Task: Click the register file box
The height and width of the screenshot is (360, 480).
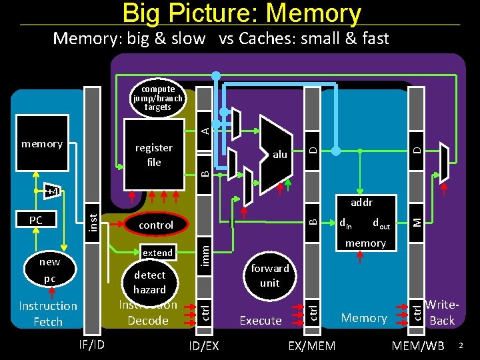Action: click(154, 155)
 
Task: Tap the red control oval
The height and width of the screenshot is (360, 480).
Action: click(155, 225)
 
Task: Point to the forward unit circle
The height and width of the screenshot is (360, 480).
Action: click(269, 275)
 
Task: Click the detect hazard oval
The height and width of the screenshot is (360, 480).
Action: click(149, 282)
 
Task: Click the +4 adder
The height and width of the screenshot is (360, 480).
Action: click(52, 192)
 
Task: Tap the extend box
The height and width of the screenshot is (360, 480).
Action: click(158, 253)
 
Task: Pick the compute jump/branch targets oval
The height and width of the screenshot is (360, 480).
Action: click(157, 97)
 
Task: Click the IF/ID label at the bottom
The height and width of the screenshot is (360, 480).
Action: click(91, 345)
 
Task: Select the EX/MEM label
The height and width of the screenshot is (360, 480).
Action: click(311, 345)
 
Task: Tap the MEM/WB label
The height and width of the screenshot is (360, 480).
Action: click(418, 345)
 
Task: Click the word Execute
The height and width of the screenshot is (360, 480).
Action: click(260, 321)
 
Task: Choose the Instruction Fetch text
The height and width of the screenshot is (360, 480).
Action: click(48, 313)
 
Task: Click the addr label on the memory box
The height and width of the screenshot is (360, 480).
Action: click(361, 202)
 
